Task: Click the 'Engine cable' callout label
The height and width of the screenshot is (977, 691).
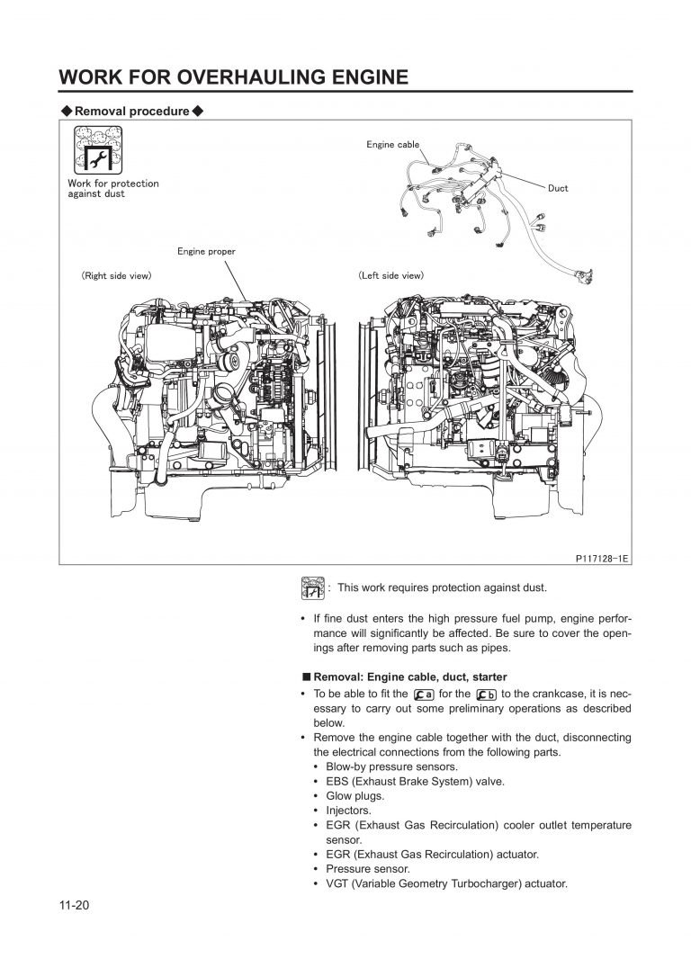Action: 392,144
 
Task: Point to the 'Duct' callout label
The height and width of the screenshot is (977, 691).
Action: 558,188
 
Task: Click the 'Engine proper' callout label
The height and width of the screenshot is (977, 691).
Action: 206,251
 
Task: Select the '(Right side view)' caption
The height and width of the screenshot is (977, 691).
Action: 116,274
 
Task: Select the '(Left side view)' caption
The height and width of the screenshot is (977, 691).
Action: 391,274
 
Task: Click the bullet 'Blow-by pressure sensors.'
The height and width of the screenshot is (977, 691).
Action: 391,766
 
